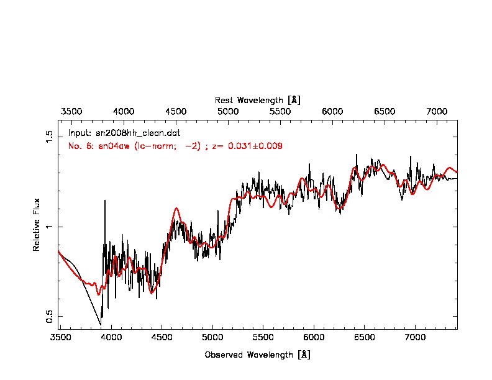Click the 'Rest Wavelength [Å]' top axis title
click(258, 100)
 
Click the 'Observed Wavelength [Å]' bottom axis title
click(257, 355)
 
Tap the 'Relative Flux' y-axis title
click(37, 224)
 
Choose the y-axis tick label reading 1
click(50, 227)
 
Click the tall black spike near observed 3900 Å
click(104, 201)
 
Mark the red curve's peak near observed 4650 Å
click(176, 209)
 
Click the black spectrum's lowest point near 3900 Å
click(101, 325)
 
